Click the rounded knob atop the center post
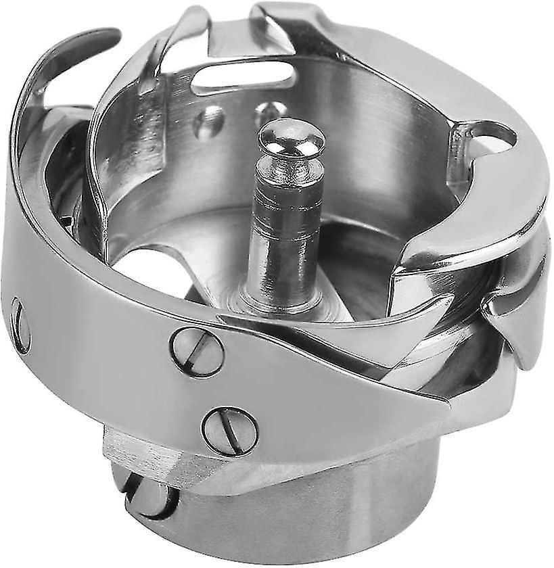[x=292, y=138]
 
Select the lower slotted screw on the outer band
[x=230, y=430]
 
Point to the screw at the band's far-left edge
[x=20, y=325]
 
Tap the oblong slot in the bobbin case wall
[x=244, y=77]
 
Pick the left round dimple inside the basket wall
[x=208, y=122]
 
